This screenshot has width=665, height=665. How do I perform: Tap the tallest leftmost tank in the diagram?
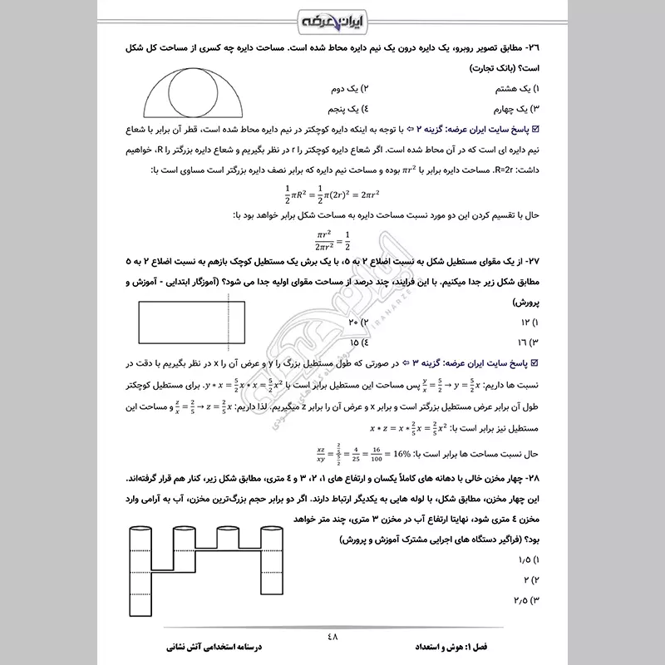144,574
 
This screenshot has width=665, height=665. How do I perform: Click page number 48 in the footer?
332,637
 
